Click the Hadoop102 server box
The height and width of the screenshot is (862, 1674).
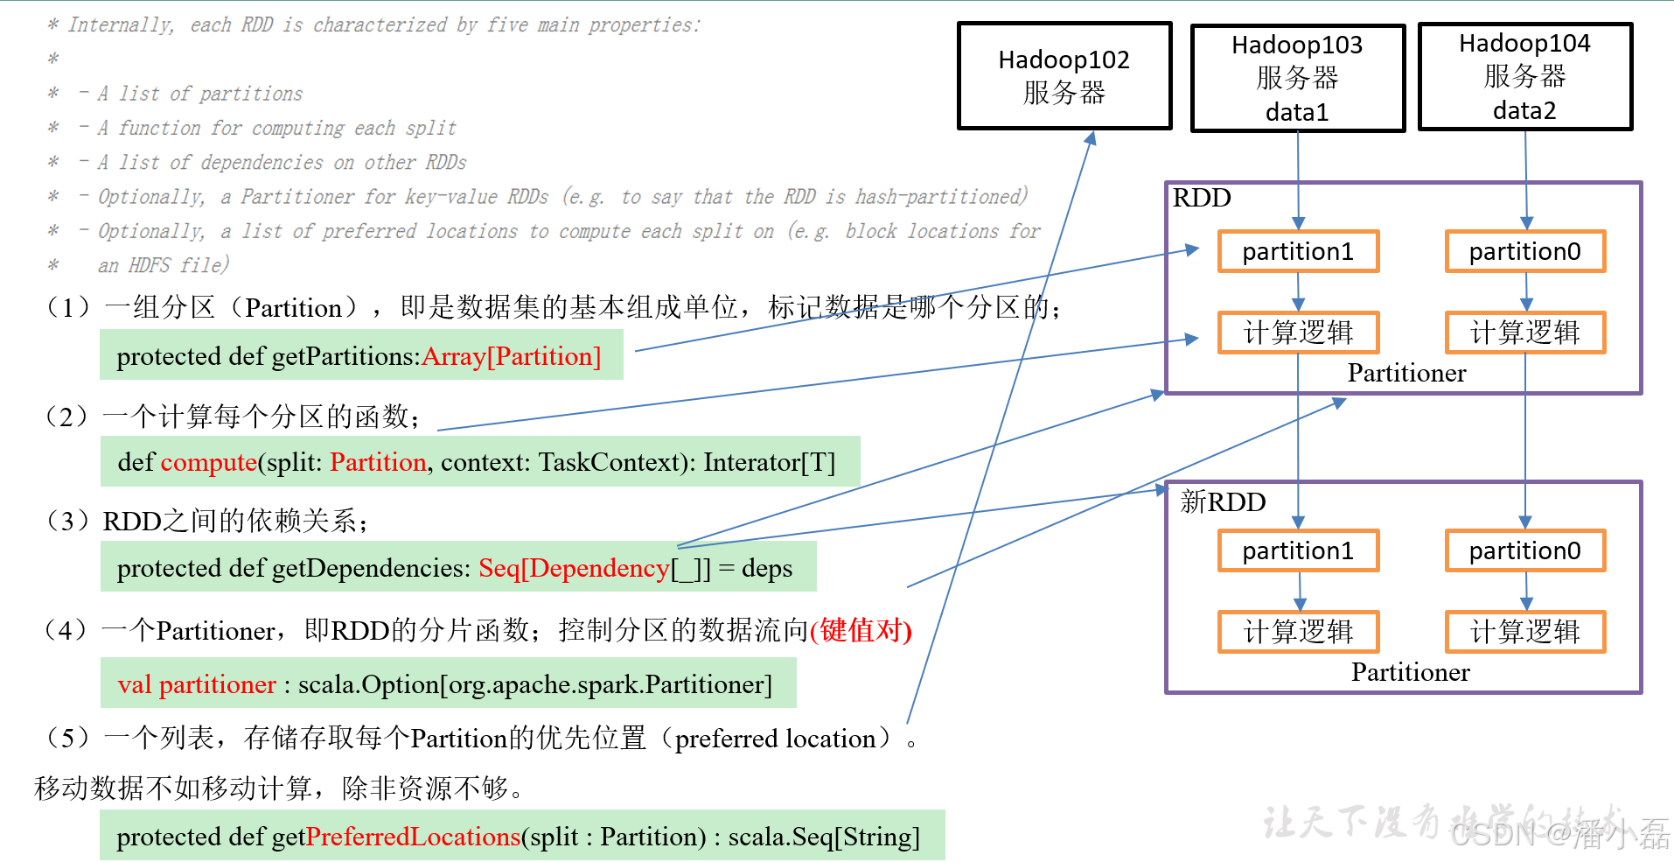[x=1064, y=76]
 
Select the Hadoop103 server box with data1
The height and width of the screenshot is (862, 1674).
[x=1297, y=78]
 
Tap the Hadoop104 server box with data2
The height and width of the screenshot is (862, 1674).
[x=1524, y=76]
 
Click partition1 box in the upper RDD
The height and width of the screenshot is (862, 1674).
[x=1298, y=252]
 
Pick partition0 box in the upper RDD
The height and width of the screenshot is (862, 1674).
[x=1525, y=252]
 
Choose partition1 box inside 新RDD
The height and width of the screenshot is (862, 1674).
[x=1298, y=551]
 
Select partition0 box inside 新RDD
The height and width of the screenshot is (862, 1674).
[x=1525, y=551]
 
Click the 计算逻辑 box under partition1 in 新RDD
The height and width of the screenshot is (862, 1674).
[x=1298, y=632]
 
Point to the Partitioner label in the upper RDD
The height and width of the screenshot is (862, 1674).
[x=1406, y=374]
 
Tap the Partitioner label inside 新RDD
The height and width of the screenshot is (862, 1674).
[x=1410, y=673]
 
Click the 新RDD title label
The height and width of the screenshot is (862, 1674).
[x=1223, y=502]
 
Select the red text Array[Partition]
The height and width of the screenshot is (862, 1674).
[x=512, y=357]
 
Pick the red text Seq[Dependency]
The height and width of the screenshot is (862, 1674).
[x=574, y=569]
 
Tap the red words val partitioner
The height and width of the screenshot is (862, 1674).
[x=197, y=684]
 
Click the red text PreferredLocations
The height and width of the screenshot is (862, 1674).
[x=413, y=837]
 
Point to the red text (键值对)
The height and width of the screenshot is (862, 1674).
[x=861, y=630]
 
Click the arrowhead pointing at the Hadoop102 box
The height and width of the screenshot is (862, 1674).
[x=1091, y=137]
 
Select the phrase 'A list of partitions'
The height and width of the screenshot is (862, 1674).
[x=200, y=94]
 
